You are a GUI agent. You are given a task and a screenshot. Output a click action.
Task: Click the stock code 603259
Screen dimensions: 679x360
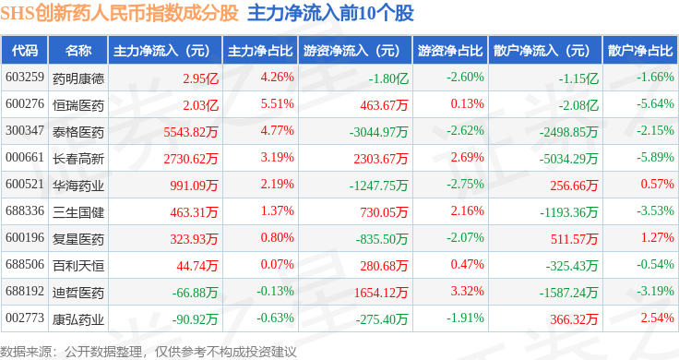pos(25,78)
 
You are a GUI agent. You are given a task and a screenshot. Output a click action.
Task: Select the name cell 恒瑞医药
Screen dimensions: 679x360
pos(78,105)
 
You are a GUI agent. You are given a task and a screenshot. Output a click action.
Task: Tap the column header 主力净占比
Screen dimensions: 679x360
pos(260,51)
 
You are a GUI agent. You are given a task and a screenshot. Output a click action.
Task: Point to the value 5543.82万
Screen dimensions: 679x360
pos(191,132)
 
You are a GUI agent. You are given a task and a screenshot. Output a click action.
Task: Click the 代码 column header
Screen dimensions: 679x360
pos(25,51)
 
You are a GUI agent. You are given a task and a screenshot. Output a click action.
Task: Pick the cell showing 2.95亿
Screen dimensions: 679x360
pos(200,78)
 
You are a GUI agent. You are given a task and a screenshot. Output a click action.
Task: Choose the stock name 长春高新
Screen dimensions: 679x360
pos(78,159)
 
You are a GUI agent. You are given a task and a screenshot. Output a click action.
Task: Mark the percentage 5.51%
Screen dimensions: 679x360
pos(277,104)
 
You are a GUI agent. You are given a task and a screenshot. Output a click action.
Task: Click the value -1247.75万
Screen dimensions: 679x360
pos(378,186)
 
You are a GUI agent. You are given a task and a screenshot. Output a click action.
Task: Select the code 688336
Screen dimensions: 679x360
pos(25,211)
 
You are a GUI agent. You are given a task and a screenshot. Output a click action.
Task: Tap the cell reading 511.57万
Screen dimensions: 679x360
pos(574,239)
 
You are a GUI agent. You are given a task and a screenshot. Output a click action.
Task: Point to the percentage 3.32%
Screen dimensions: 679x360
pos(467,291)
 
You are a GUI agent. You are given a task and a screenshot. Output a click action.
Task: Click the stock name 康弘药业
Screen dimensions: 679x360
pos(78,319)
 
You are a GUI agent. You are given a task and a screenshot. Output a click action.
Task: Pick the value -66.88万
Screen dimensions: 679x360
pos(195,293)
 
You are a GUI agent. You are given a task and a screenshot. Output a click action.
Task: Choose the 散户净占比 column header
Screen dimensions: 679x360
pos(640,51)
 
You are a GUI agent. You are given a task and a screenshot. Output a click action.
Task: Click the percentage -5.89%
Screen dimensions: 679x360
pos(655,157)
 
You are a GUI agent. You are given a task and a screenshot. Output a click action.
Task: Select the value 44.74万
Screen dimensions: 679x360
pos(197,266)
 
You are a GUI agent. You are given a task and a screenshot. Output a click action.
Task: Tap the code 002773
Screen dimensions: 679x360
pos(25,318)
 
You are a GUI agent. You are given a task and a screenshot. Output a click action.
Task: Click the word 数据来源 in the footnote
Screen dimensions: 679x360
pos(26,352)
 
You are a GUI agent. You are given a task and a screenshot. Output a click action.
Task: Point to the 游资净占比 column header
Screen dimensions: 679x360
pos(450,51)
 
